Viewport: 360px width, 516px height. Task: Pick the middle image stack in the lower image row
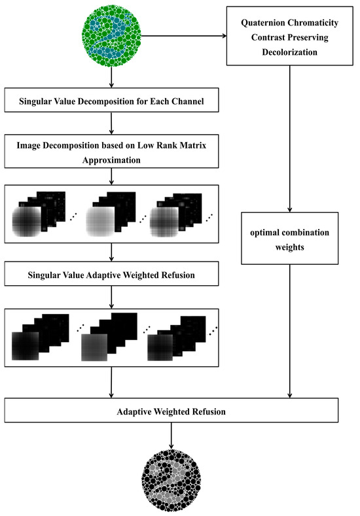point(109,337)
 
